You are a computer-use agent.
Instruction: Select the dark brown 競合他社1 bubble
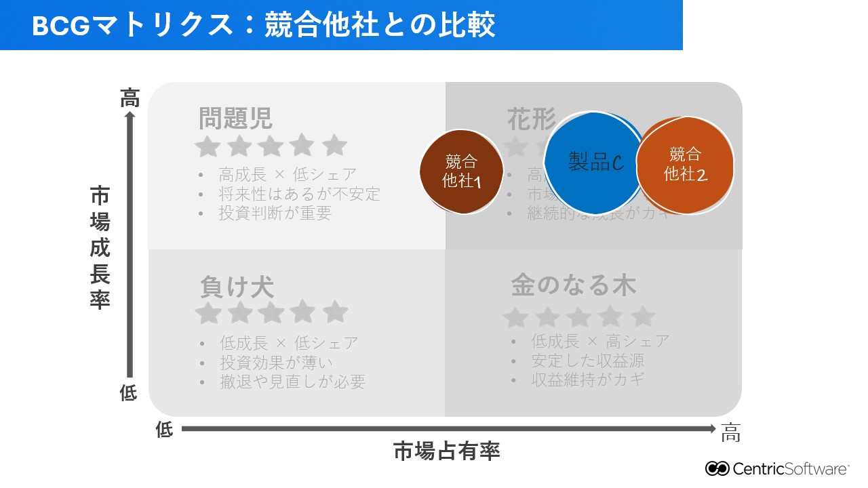pyautogui.click(x=461, y=171)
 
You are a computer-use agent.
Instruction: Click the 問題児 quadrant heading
pyautogui.click(x=235, y=118)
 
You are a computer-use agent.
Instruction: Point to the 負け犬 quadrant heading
pyautogui.click(x=237, y=287)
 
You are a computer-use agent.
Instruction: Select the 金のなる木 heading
pyautogui.click(x=573, y=285)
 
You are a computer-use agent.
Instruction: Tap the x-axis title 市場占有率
pyautogui.click(x=446, y=451)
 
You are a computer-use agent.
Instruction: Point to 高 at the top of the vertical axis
pyautogui.click(x=130, y=98)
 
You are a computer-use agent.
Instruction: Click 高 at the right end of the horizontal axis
pyautogui.click(x=730, y=433)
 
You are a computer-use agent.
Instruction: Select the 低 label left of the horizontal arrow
pyautogui.click(x=165, y=430)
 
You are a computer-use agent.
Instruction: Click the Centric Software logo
pyautogui.click(x=776, y=468)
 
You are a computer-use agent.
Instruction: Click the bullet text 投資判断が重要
pyautogui.click(x=275, y=213)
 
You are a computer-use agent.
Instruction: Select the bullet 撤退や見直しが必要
pyautogui.click(x=292, y=382)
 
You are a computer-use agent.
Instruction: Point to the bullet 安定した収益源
pyautogui.click(x=587, y=361)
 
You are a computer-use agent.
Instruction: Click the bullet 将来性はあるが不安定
pyautogui.click(x=299, y=194)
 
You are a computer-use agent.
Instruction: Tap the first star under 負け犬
pyautogui.click(x=208, y=312)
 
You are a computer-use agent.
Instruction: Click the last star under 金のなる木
pyautogui.click(x=642, y=317)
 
